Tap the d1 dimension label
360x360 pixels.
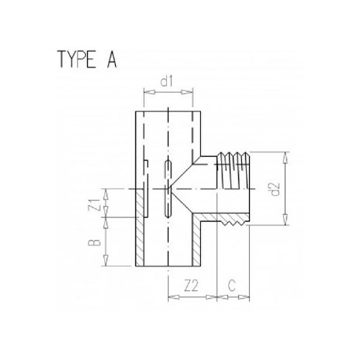click(x=168, y=82)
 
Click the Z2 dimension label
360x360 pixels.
click(x=191, y=286)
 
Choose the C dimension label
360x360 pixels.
click(x=233, y=286)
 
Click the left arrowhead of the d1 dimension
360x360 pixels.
click(x=146, y=91)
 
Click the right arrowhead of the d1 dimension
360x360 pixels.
click(x=192, y=91)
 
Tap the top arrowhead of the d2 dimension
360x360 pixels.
click(x=286, y=154)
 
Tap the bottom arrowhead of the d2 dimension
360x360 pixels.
click(x=286, y=222)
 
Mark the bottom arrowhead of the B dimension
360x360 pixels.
click(x=107, y=264)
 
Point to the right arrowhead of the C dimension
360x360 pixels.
click(x=248, y=295)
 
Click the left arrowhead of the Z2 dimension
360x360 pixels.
click(x=170, y=295)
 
